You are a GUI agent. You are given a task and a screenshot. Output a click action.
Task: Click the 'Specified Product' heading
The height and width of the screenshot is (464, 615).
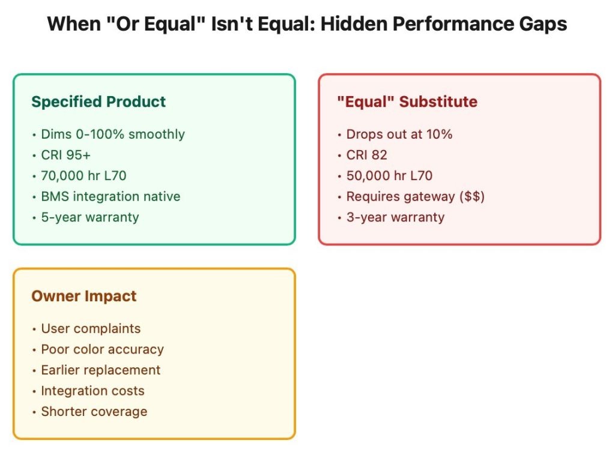click(x=98, y=102)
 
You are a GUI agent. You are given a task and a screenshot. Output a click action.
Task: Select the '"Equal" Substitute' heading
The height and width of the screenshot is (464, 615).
click(x=407, y=101)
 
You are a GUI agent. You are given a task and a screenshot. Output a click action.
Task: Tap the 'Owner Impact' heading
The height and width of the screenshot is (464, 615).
click(x=84, y=296)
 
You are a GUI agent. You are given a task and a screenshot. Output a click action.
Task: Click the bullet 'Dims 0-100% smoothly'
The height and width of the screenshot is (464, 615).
click(x=113, y=134)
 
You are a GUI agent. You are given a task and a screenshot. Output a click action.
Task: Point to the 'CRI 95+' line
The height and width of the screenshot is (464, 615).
click(x=66, y=155)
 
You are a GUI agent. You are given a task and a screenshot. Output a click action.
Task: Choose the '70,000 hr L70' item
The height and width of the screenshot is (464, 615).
click(x=83, y=175)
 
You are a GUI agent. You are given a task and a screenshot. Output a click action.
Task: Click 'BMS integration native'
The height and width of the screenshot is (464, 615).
click(x=111, y=196)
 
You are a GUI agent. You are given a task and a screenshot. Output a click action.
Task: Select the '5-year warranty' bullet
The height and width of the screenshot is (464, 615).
click(x=90, y=217)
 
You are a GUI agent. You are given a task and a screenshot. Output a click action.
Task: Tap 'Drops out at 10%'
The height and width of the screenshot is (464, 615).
click(x=399, y=134)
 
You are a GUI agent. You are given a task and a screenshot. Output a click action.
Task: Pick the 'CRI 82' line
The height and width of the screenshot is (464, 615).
click(x=367, y=155)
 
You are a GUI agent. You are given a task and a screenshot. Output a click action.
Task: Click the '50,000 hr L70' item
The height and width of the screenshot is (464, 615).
click(x=389, y=175)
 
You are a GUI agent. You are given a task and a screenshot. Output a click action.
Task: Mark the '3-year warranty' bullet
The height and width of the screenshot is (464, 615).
click(x=395, y=217)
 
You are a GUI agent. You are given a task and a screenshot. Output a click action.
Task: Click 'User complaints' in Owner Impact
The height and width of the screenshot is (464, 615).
click(x=91, y=328)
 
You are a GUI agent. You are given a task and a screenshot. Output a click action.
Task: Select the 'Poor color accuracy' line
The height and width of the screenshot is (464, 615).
click(x=102, y=349)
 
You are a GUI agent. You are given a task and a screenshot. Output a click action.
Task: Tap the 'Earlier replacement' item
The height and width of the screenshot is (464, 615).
click(x=101, y=370)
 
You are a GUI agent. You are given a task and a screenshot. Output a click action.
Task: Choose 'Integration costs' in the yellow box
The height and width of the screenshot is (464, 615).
click(x=92, y=391)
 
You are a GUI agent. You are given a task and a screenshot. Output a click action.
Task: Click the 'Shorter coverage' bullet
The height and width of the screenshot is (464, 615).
click(x=94, y=412)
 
